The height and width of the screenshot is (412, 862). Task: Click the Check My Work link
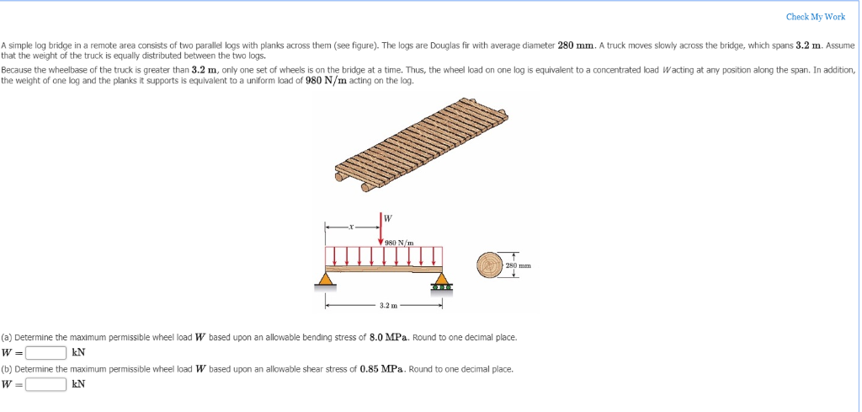coord(815,17)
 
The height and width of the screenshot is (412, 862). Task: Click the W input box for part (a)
coord(45,352)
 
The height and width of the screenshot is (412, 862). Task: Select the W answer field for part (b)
coord(45,384)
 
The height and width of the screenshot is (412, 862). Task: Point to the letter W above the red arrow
coord(387,218)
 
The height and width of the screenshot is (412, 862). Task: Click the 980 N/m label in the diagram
coord(398,242)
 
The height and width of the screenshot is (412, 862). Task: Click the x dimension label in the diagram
coord(353,226)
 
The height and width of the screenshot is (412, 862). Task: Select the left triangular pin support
coord(325,278)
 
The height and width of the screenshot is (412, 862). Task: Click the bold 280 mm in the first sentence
coord(577,45)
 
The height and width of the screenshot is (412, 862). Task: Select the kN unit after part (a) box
coord(78,352)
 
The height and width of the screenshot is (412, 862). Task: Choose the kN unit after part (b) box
coord(78,384)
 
